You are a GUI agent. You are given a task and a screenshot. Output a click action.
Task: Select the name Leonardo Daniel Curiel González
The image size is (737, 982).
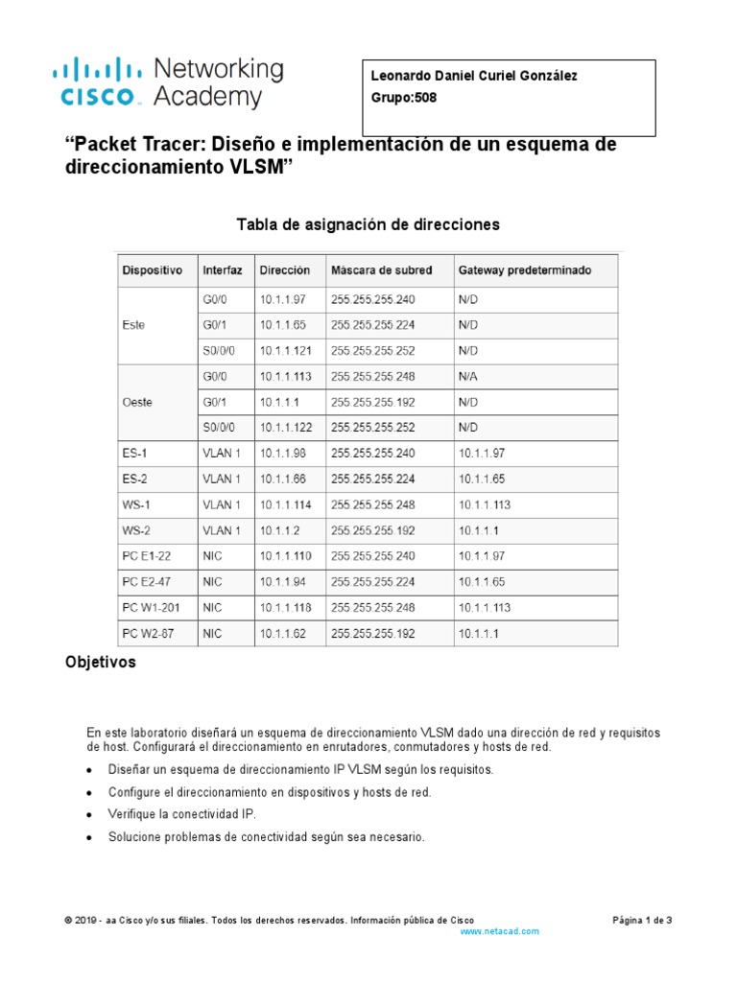coord(474,77)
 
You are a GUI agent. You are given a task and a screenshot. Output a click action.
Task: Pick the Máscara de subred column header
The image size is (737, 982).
coord(381,270)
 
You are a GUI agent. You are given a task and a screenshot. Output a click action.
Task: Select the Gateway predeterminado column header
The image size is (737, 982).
coord(525,270)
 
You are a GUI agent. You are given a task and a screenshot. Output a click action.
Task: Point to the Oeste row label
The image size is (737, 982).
coord(137,402)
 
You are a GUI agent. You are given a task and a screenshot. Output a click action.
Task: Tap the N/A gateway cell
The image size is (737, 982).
coord(467,376)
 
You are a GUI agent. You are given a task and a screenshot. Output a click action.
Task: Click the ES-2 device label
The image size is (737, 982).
coord(135,478)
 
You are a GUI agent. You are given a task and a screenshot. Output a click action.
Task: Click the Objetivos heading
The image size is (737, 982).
coord(100,663)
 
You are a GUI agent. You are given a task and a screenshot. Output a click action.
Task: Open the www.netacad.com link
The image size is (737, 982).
coord(500,931)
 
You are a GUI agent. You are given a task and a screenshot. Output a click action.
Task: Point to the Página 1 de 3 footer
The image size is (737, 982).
coord(642,920)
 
